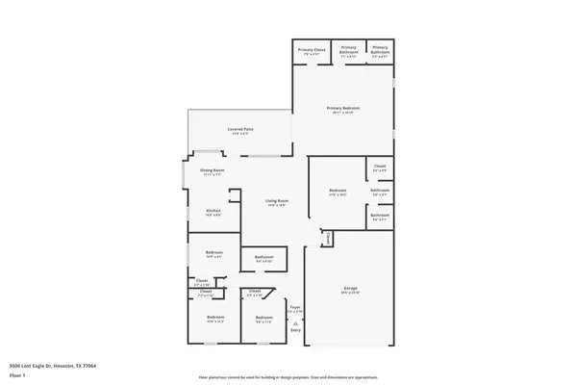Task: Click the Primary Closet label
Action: click(311, 48)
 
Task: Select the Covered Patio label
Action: click(239, 129)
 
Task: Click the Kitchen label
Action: click(213, 211)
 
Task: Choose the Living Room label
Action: click(278, 200)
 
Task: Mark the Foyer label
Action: click(295, 310)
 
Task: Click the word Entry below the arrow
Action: click(295, 330)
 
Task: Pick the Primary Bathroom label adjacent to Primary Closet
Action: click(348, 48)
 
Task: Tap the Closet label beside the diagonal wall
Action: click(255, 292)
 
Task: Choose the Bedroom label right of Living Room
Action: click(337, 190)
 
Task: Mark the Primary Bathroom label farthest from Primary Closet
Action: click(380, 48)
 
